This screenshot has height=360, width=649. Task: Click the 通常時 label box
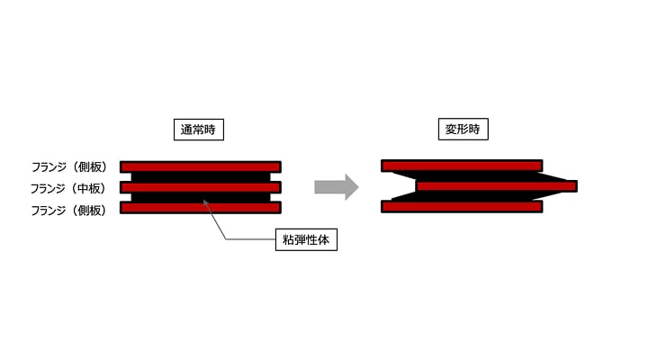pos(198,130)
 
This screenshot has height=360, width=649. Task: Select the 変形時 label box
pos(462,130)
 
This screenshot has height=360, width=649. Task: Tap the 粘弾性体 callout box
pos(306,239)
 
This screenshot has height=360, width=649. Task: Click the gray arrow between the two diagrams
pos(336,187)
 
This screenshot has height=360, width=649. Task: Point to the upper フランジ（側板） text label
pos(68,166)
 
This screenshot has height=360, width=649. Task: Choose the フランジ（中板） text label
pos(68,188)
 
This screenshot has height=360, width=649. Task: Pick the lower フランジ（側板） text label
pos(68,210)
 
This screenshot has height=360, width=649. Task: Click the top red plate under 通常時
pos(200,166)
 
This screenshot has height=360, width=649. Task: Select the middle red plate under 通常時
pos(200,187)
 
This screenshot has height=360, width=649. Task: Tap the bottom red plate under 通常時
pos(200,208)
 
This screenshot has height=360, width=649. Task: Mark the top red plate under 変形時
pos(462,166)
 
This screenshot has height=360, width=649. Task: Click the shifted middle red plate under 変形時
pos(495,186)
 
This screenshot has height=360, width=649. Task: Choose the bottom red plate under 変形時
pos(462,206)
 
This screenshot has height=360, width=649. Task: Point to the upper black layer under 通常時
pos(200,176)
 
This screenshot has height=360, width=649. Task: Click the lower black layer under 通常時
pos(200,198)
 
